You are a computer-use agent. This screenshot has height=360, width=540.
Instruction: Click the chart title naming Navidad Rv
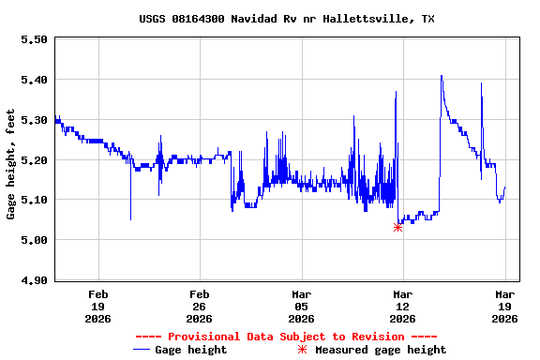pos(287,19)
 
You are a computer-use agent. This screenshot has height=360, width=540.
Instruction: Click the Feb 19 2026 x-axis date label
pos(97,306)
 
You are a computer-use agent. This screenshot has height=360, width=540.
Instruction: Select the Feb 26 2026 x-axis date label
pos(200,306)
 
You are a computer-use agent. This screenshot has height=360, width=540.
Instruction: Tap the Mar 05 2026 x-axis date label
pos(301,306)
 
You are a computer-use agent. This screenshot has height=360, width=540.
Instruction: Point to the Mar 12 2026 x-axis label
pos(402,306)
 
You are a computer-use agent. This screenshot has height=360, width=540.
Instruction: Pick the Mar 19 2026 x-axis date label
pos(504,306)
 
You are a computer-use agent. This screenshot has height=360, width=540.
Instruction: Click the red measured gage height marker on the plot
pos(398,227)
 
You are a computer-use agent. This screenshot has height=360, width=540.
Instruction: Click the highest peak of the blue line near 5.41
pos(441,76)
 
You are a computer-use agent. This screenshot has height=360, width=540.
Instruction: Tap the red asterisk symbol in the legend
pos(302,350)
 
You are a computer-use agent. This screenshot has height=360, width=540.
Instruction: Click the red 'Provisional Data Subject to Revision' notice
pos(285,337)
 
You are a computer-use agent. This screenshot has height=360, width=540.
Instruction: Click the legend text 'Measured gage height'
pos(381,350)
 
